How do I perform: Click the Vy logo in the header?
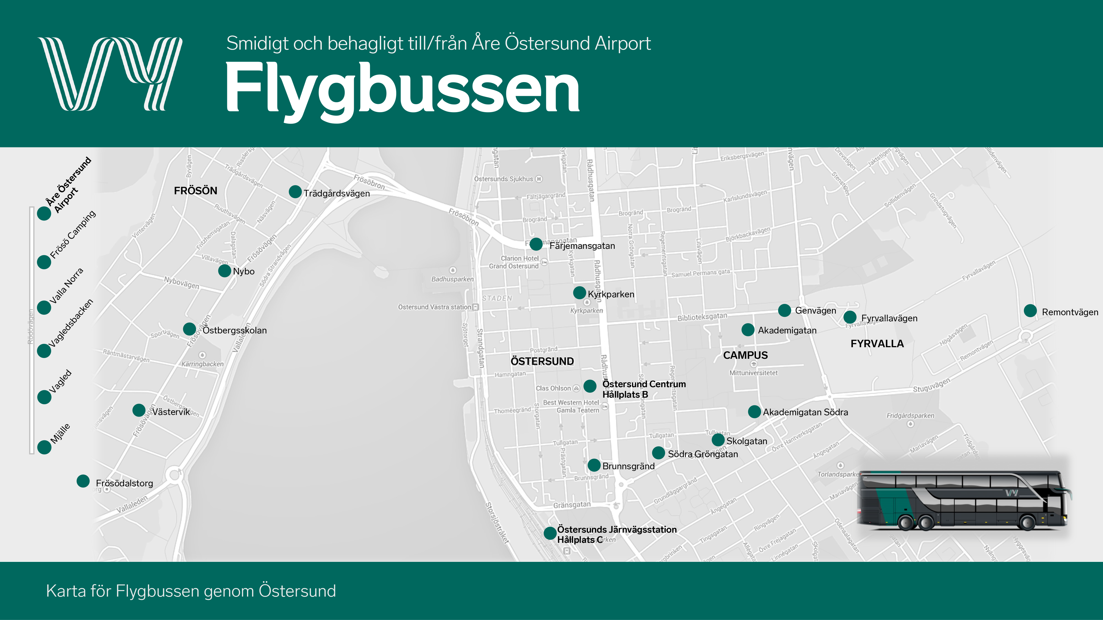(110, 74)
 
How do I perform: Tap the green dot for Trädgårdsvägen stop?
(295, 192)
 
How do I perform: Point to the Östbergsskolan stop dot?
(189, 329)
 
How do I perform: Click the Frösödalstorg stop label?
(124, 483)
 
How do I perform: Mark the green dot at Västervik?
(139, 410)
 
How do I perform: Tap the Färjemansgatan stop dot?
(536, 244)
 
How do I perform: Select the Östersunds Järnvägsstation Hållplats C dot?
(550, 533)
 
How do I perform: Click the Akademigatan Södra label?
(805, 412)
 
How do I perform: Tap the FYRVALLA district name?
(877, 344)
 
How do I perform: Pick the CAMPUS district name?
(745, 355)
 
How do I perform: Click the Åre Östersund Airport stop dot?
(44, 213)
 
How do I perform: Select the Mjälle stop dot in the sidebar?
(44, 447)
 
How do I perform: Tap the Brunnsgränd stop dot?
(594, 465)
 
